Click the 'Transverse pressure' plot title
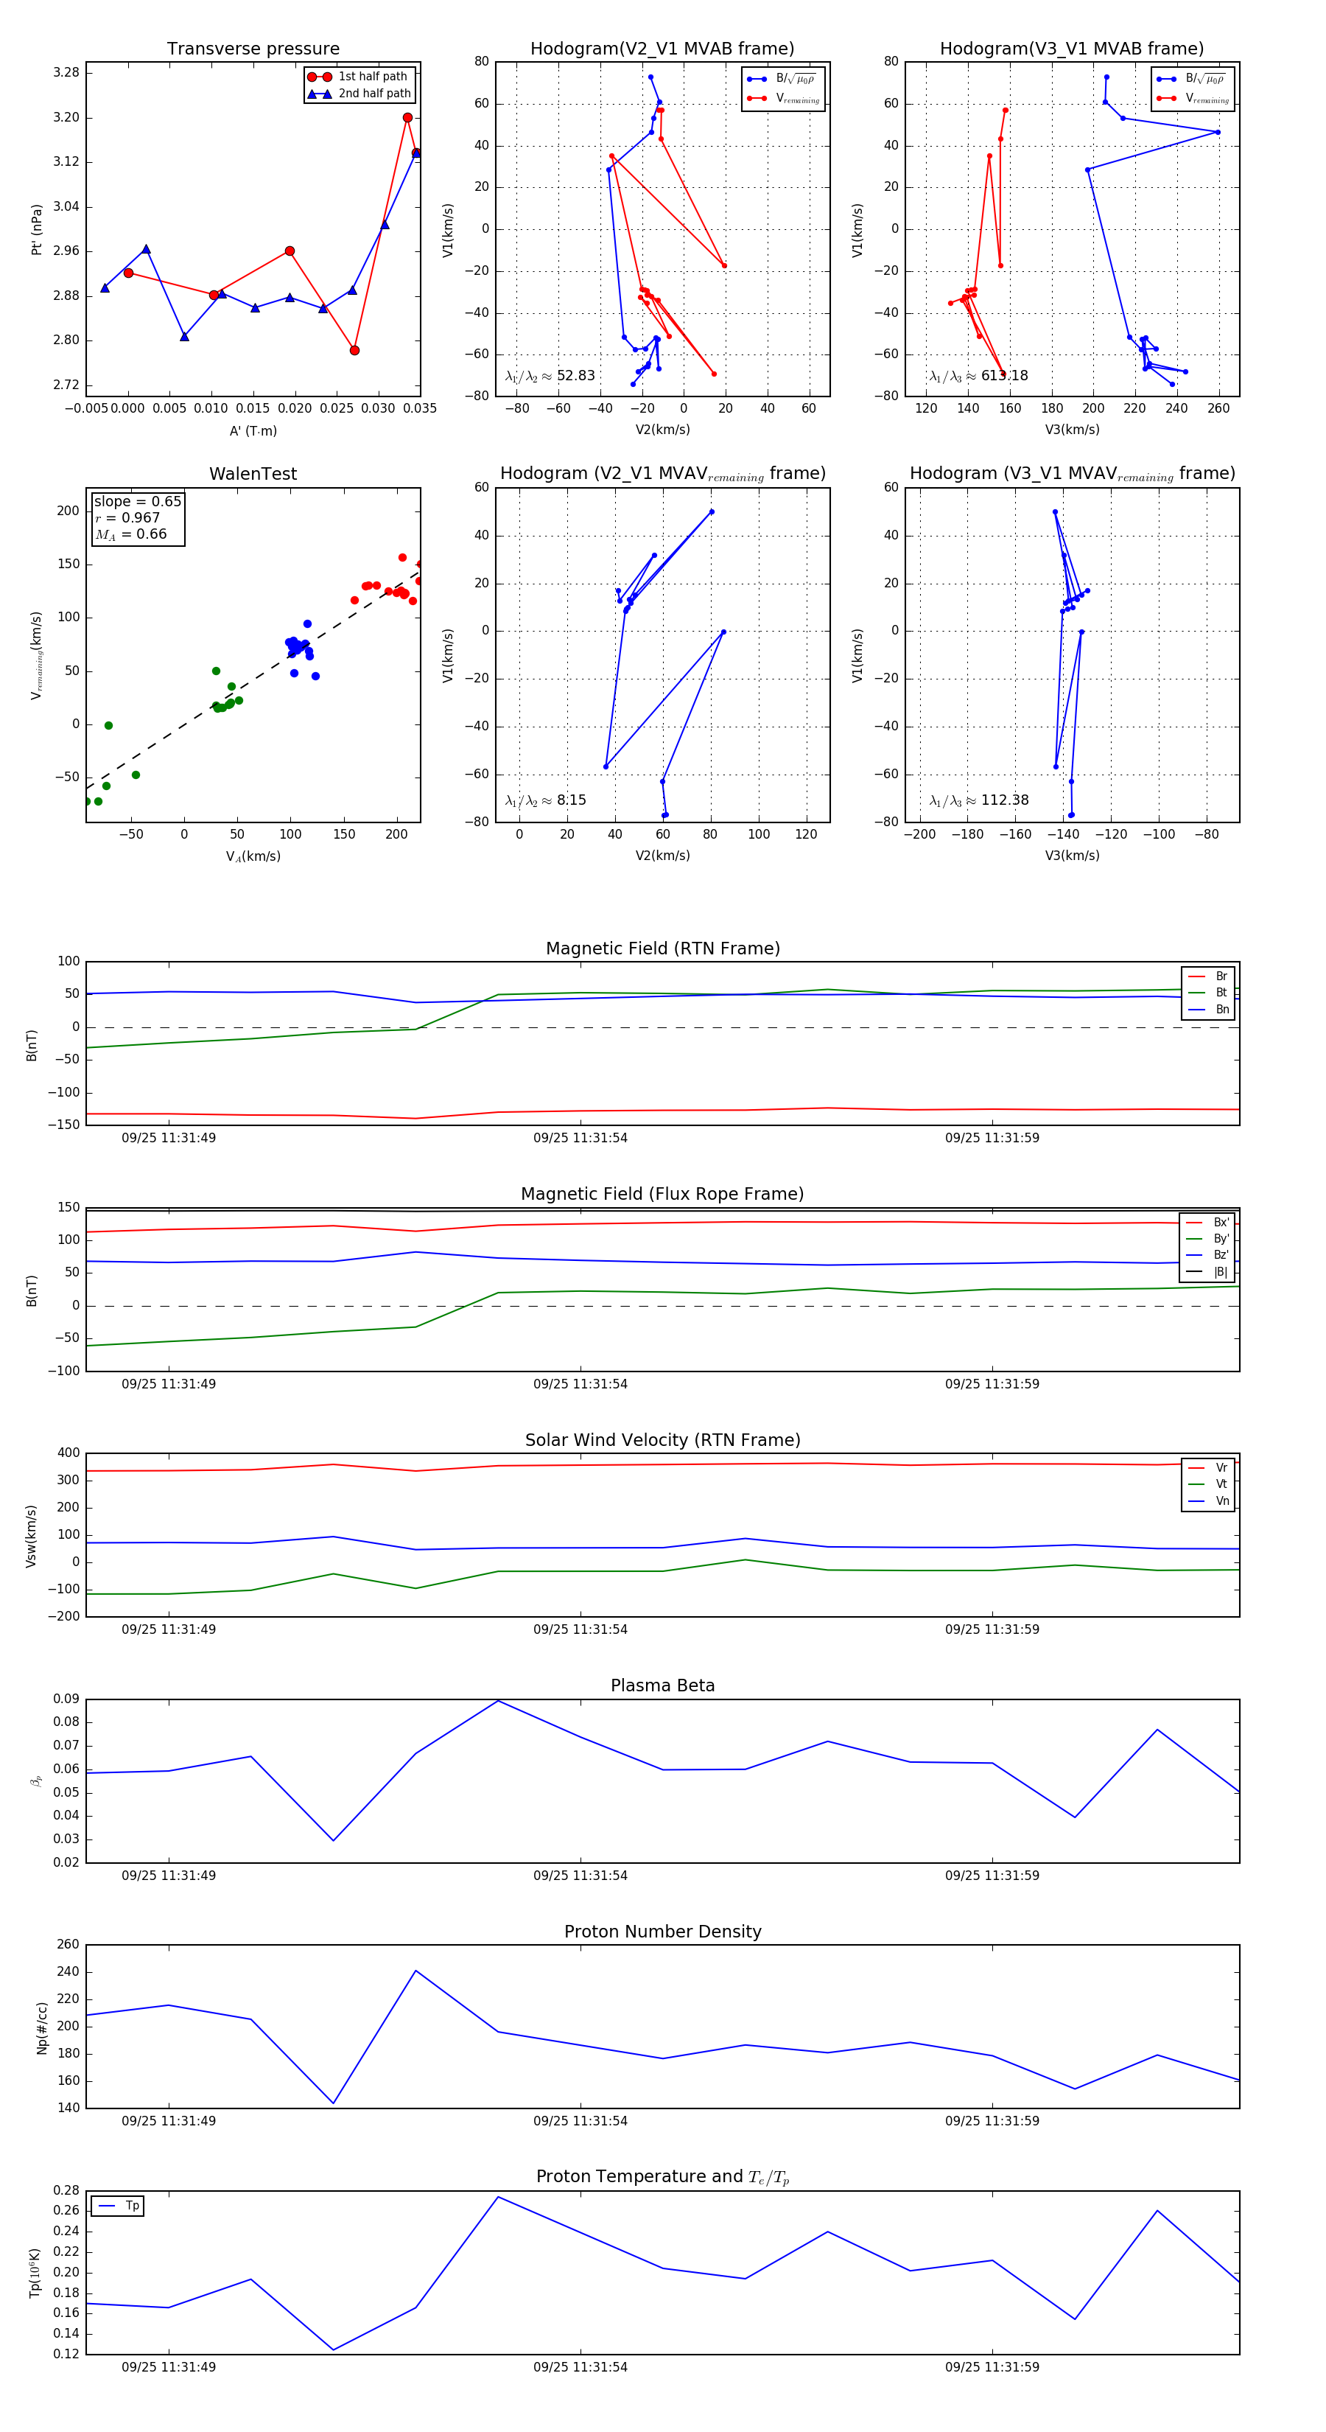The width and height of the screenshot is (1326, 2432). point(253,49)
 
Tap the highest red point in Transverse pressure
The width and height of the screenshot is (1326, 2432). point(407,118)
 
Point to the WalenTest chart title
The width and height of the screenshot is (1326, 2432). point(253,474)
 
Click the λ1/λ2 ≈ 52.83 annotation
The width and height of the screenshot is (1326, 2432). point(550,376)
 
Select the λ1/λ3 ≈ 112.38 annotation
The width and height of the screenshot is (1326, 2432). point(979,800)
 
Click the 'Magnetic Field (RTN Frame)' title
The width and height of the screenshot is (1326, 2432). point(662,948)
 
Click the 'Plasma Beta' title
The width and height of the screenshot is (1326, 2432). point(662,1686)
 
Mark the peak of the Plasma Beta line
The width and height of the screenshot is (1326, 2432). point(498,1700)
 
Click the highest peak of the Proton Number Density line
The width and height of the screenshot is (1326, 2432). point(416,1971)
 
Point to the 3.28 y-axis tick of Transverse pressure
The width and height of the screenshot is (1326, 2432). point(66,73)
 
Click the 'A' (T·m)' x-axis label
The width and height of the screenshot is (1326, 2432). point(253,431)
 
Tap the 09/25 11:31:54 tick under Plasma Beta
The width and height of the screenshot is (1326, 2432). point(580,1875)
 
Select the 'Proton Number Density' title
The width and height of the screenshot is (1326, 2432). point(662,1932)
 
